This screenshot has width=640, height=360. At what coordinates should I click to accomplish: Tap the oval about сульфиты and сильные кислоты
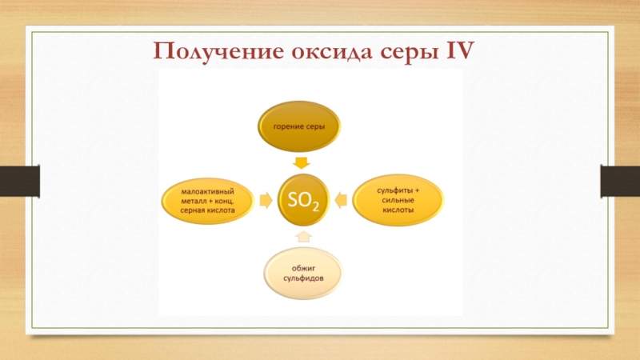click(398, 198)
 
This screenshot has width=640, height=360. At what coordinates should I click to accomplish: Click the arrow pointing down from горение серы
click(301, 162)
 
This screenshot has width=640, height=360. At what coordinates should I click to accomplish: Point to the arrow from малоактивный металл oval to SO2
click(265, 199)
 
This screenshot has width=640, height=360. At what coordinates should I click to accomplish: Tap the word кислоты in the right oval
click(398, 210)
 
